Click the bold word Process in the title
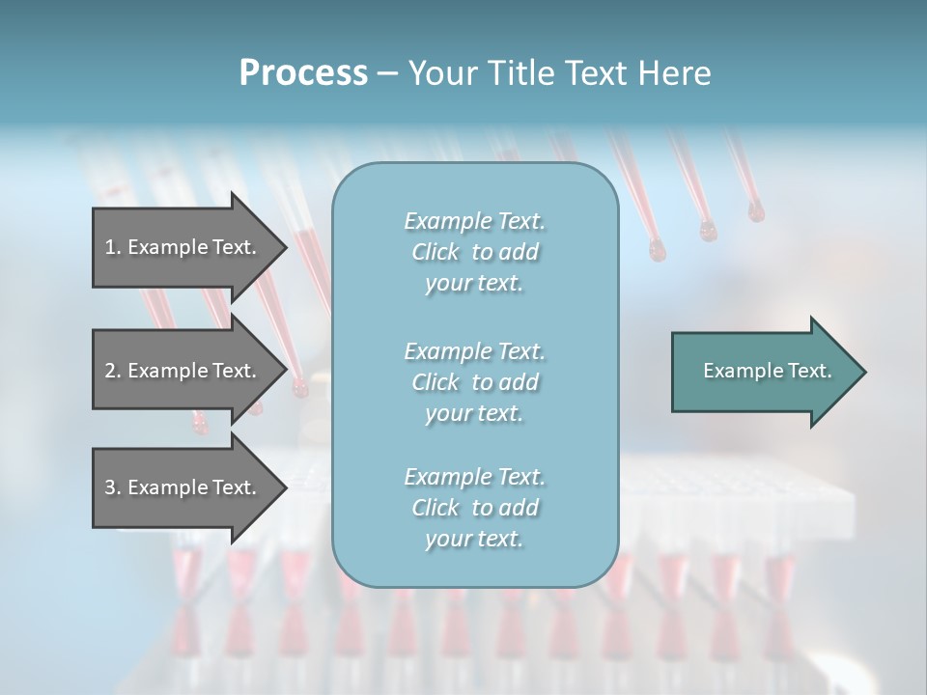(x=303, y=73)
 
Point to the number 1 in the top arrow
(x=110, y=247)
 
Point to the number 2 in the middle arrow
(x=110, y=371)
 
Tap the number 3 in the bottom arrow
(x=110, y=487)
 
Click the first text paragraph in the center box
(x=474, y=252)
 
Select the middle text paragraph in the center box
(x=474, y=381)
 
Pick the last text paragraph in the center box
(x=474, y=508)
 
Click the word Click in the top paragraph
(x=435, y=252)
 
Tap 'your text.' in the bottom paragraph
(x=474, y=539)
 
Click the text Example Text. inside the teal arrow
(x=768, y=371)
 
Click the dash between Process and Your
(x=387, y=73)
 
